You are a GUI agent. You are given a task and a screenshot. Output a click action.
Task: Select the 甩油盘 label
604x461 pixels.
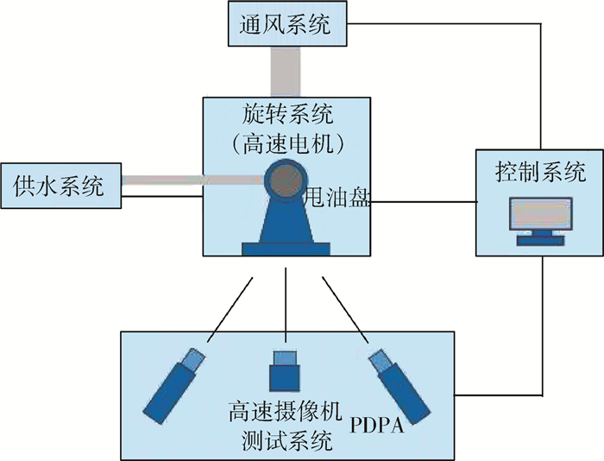point(338,199)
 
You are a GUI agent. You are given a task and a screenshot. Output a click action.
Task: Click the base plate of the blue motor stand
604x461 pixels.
point(286,249)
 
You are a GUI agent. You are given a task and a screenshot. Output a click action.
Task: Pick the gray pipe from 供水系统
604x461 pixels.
point(190,180)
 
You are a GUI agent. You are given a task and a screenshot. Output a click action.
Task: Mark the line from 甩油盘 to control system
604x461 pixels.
point(423,203)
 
